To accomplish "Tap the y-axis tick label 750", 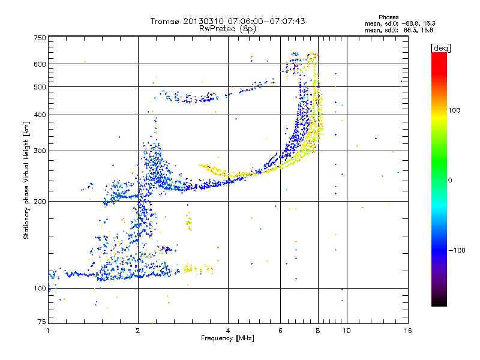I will coord(40,38).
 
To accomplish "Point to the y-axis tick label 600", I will coord(40,64).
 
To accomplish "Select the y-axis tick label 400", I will coord(40,115).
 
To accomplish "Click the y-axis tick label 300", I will coord(40,151).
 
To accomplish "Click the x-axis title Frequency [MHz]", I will coord(227,338).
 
